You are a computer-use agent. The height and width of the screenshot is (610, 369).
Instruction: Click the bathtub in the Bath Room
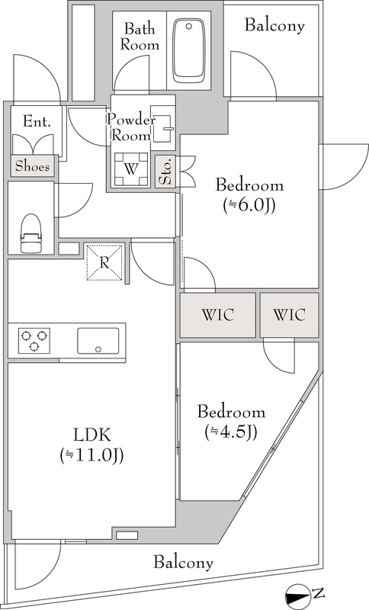189,50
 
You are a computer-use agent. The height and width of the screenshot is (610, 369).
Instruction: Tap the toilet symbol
30,233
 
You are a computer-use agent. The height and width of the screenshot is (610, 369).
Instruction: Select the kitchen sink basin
98,341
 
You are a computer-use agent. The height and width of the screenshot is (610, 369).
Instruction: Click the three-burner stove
34,340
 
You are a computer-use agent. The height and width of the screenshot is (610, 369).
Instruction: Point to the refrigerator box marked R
104,262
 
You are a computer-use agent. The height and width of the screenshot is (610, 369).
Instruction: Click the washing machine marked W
131,169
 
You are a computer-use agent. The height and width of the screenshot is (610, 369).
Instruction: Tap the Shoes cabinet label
33,166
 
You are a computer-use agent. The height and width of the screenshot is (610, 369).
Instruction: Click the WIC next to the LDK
218,315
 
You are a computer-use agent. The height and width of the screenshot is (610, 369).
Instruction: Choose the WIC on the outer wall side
289,315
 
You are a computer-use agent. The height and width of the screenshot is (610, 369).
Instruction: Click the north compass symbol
299,595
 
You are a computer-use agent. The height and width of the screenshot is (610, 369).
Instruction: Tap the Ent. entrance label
37,121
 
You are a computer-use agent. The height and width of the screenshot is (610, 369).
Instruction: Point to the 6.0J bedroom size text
249,205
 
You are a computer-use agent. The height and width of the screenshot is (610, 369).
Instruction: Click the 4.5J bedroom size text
230,432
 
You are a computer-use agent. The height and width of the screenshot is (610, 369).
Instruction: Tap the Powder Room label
131,127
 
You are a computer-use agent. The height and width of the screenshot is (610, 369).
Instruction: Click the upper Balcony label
274,26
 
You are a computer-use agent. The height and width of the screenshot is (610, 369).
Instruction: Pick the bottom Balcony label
184,563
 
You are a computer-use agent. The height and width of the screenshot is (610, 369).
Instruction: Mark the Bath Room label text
140,37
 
